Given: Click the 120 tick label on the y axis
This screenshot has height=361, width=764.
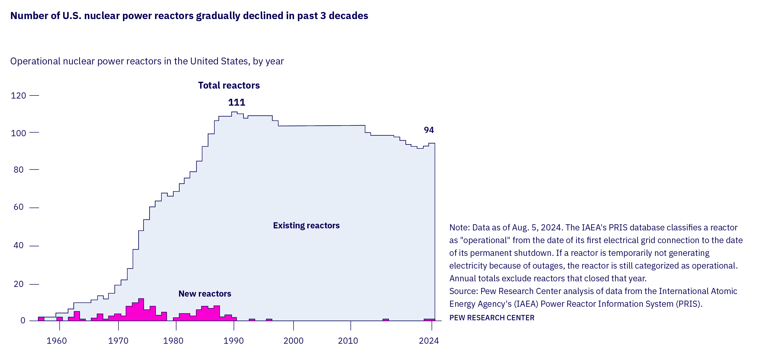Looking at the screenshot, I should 18,95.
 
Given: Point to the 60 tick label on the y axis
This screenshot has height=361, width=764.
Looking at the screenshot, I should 18,207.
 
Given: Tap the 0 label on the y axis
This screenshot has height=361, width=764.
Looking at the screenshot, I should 23,320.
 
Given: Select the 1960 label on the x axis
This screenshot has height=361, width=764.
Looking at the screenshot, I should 57,341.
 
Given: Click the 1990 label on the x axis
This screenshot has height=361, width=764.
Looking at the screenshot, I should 233,341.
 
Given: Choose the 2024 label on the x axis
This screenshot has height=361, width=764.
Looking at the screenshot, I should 428,341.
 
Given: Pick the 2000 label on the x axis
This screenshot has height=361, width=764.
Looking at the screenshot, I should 293,341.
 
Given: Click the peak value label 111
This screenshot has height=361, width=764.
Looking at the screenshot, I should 236,102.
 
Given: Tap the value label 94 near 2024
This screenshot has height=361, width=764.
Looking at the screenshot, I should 428,130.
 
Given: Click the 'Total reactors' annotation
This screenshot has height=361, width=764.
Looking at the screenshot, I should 229,86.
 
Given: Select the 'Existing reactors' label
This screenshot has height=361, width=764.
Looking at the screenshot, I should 306,226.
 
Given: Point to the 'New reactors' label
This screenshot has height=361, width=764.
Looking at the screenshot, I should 205,294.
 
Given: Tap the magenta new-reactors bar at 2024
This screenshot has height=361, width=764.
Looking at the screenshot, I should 429,320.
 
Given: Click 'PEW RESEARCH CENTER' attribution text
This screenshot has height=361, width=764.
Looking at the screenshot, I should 491,318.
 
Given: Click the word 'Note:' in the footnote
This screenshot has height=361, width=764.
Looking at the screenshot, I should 460,228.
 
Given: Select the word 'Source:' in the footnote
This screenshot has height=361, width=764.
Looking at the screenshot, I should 464,291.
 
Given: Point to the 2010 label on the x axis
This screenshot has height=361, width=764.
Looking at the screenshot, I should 348,341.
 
